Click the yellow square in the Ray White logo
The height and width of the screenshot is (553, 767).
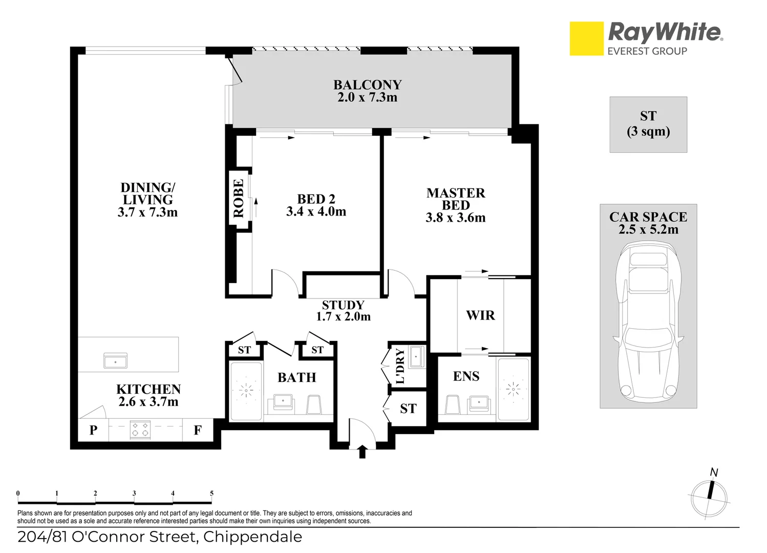point(586,38)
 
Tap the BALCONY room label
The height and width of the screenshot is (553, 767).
point(367,84)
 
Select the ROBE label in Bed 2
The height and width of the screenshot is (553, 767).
point(239,198)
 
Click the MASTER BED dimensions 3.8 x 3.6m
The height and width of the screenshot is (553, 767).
point(455,218)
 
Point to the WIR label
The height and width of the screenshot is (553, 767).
point(480,315)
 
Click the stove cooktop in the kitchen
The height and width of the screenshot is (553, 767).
point(140,430)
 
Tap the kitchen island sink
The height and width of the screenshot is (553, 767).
point(115,361)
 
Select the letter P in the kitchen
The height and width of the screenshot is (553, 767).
point(93,430)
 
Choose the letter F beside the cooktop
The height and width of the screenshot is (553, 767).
point(198,430)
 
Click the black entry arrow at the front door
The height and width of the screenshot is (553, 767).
point(362,452)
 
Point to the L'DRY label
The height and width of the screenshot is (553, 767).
point(400,366)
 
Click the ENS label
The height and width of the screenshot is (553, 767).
point(466,376)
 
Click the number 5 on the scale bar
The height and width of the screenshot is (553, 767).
point(211,494)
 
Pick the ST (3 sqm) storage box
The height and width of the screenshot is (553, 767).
point(648,124)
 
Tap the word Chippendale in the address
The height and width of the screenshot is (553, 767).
point(252,537)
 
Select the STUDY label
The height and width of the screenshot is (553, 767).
point(343,305)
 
